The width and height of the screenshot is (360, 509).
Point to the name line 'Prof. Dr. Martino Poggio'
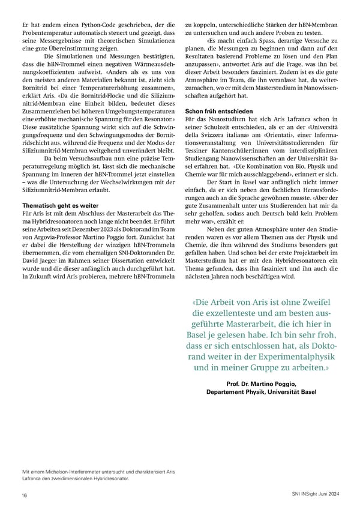(x=260, y=382)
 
